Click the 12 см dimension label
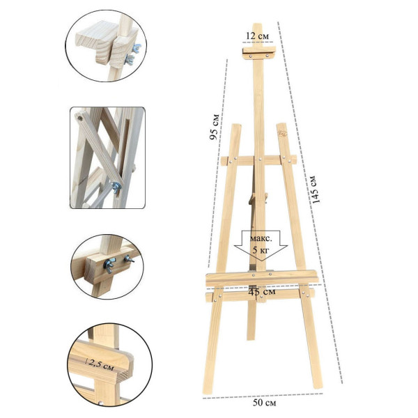pyautogui.click(x=257, y=36)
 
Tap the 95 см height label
pyautogui.click(x=215, y=127)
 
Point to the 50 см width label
pyautogui.click(x=264, y=403)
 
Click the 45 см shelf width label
pyautogui.click(x=261, y=292)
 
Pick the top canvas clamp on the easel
pyautogui.click(x=259, y=53)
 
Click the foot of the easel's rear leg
pyautogui.click(x=251, y=337)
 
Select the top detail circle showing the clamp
pyautogui.click(x=106, y=46)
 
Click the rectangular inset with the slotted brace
pyautogui.click(x=107, y=157)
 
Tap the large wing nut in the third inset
pyautogui.click(x=109, y=265)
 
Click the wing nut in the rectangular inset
pyautogui.click(x=116, y=187)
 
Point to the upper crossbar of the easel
pyautogui.click(x=258, y=160)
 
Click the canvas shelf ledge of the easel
pyautogui.click(x=262, y=278)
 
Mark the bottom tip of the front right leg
pyautogui.click(x=319, y=387)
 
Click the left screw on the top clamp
pyautogui.click(x=251, y=56)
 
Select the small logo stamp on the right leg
pyautogui.click(x=282, y=133)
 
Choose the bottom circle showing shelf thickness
pyautogui.click(x=110, y=365)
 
